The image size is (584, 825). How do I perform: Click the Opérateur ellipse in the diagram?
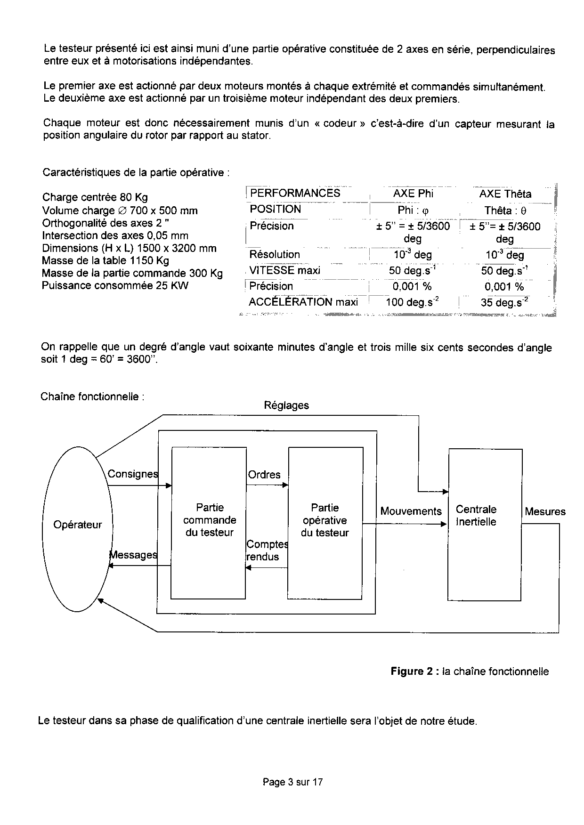[x=78, y=525]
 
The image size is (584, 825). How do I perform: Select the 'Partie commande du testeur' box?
[x=209, y=520]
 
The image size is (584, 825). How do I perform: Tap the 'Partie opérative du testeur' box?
[x=325, y=520]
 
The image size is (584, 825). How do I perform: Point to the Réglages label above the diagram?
[x=286, y=405]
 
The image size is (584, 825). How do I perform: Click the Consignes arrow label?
[x=133, y=474]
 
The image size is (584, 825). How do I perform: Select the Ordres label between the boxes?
[x=264, y=475]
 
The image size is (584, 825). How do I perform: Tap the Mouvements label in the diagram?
[x=411, y=511]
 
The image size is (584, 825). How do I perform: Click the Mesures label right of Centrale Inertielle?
[x=545, y=512]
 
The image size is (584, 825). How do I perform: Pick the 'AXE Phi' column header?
[x=413, y=194]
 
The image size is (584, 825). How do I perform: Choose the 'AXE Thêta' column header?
[x=505, y=194]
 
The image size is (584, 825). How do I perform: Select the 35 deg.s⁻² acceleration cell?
[x=504, y=302]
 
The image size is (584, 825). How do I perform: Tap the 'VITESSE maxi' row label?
[x=284, y=270]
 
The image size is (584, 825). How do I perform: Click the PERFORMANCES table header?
[x=295, y=193]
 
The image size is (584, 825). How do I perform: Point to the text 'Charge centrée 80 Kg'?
[x=95, y=197]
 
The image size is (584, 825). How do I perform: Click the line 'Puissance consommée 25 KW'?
[x=115, y=285]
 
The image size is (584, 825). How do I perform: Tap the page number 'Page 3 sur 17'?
[x=292, y=782]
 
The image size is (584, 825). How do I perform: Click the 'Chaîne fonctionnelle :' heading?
[x=92, y=396]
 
